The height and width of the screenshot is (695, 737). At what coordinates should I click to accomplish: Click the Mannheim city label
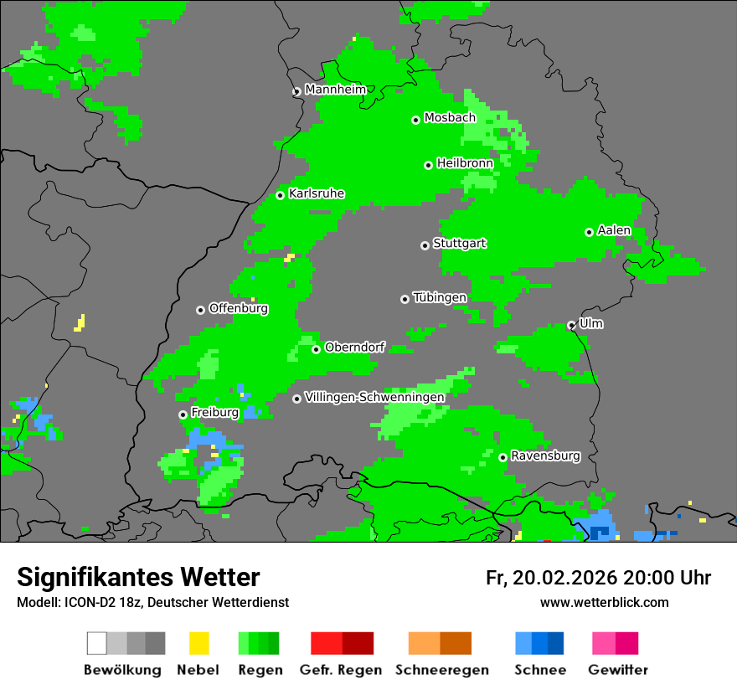point(335,90)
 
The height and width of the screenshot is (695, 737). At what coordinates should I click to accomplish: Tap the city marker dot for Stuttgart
point(425,245)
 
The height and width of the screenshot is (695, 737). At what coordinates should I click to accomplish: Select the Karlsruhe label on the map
point(317,193)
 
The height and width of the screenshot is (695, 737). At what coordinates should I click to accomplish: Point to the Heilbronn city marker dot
point(428,165)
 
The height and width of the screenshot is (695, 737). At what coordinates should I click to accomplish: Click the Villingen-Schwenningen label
point(374,397)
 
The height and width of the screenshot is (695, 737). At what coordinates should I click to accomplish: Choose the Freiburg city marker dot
point(183,414)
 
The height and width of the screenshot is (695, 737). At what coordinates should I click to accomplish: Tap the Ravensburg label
point(545,456)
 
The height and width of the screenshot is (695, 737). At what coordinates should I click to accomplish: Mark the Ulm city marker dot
point(571,325)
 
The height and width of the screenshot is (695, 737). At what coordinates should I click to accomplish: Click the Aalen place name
point(614,230)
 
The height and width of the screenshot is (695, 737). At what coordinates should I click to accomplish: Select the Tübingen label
point(440,297)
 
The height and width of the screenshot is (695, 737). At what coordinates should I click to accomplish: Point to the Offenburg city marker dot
point(200,310)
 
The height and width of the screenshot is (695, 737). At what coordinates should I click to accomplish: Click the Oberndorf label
point(354,347)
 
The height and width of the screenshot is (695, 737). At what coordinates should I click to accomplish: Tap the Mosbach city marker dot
point(415,120)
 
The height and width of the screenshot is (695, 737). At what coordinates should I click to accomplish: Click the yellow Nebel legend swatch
point(198,643)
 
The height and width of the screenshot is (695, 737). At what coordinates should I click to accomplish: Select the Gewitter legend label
point(617,670)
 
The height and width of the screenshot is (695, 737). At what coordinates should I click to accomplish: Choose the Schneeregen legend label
point(441,670)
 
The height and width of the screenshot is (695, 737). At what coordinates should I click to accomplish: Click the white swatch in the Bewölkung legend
point(97,643)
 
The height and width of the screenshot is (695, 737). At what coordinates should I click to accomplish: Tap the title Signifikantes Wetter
point(138,578)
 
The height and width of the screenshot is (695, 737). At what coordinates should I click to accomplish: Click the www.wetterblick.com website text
point(604,602)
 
